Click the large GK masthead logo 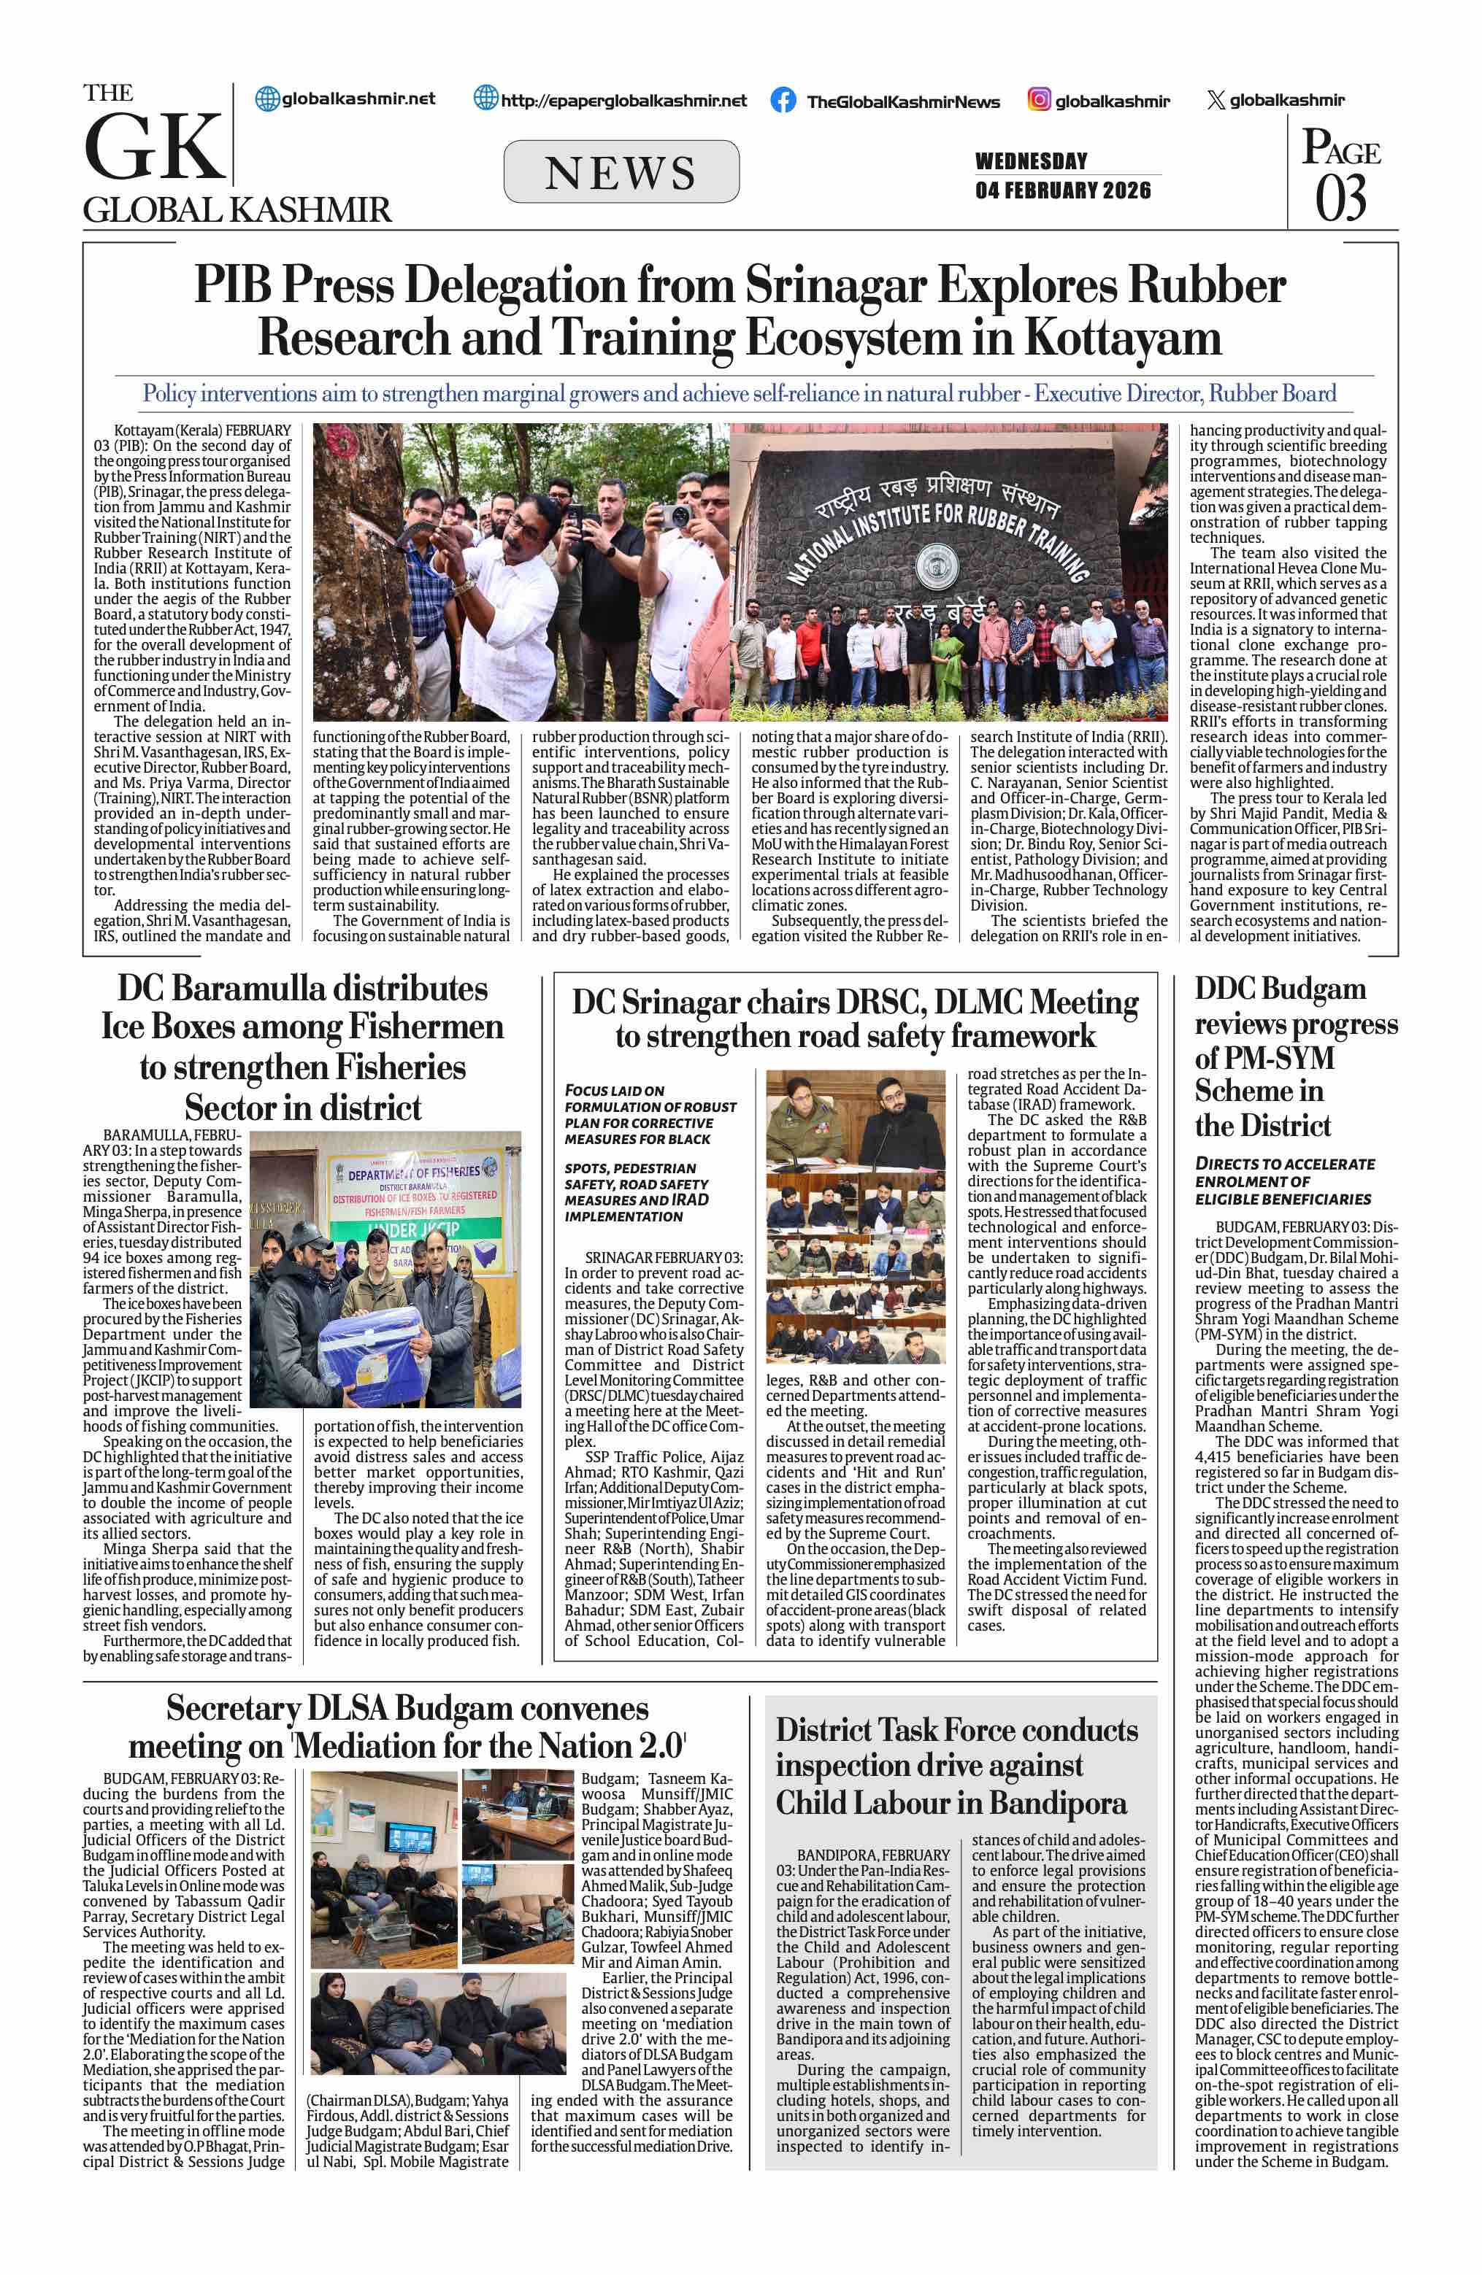[x=154, y=147]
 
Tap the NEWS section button [x=621, y=172]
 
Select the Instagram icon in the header [x=1040, y=99]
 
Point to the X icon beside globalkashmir [x=1216, y=101]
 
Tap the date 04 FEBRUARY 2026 [x=1062, y=190]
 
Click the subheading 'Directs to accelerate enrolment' [x=1284, y=1181]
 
